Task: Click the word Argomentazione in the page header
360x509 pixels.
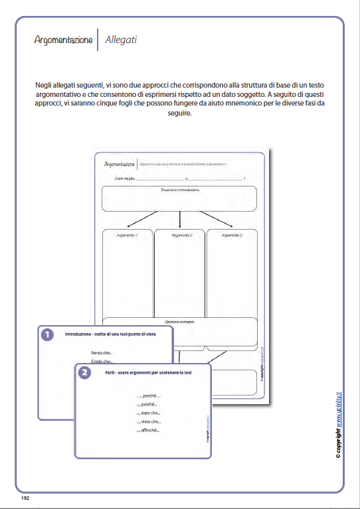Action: (64, 40)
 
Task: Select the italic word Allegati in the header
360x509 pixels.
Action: (121, 40)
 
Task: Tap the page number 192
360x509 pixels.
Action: (25, 497)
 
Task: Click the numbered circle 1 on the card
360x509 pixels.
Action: (47, 335)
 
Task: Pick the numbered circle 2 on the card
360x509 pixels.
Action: (84, 373)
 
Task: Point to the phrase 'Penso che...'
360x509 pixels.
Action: (102, 352)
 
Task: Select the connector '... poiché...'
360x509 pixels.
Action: (147, 404)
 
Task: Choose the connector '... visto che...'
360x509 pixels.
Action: (149, 421)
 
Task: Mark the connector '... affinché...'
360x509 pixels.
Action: (149, 430)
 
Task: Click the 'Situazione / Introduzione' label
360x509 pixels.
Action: (179, 190)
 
